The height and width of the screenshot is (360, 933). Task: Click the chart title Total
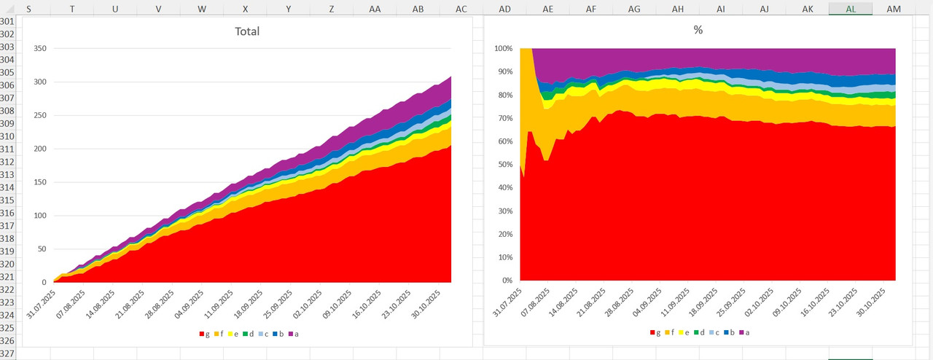tap(247, 31)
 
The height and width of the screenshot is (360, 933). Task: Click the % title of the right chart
tap(698, 31)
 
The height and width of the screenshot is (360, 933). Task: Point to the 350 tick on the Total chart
tap(39, 49)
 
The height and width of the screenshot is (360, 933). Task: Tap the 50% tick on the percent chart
tap(504, 165)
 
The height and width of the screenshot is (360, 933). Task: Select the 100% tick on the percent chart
tap(502, 49)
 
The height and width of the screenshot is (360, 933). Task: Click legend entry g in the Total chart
tap(205, 333)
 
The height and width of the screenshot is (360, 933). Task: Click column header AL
tap(851, 8)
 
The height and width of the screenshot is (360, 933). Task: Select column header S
tap(28, 8)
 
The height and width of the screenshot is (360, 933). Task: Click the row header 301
tap(7, 22)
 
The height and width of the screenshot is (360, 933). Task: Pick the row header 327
tap(7, 353)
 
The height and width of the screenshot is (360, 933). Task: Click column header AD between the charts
tap(504, 8)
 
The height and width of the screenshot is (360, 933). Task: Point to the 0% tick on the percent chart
tap(506, 281)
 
